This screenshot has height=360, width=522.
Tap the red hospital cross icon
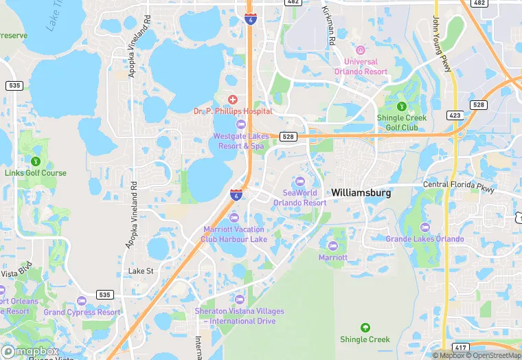tap(233, 100)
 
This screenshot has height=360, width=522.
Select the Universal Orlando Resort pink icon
tap(361, 50)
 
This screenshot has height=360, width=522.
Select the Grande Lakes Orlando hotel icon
tap(424, 227)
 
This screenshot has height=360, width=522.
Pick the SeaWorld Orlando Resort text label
tap(299, 198)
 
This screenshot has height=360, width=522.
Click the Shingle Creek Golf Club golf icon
tap(402, 106)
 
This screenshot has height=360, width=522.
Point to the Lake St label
tap(141, 271)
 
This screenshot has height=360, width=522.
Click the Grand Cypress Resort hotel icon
tap(82, 301)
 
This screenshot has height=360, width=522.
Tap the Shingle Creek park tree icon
tap(365, 327)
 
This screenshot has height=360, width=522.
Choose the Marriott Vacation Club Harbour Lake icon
tap(234, 218)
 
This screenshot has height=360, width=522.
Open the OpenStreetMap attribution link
tap(493, 355)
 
